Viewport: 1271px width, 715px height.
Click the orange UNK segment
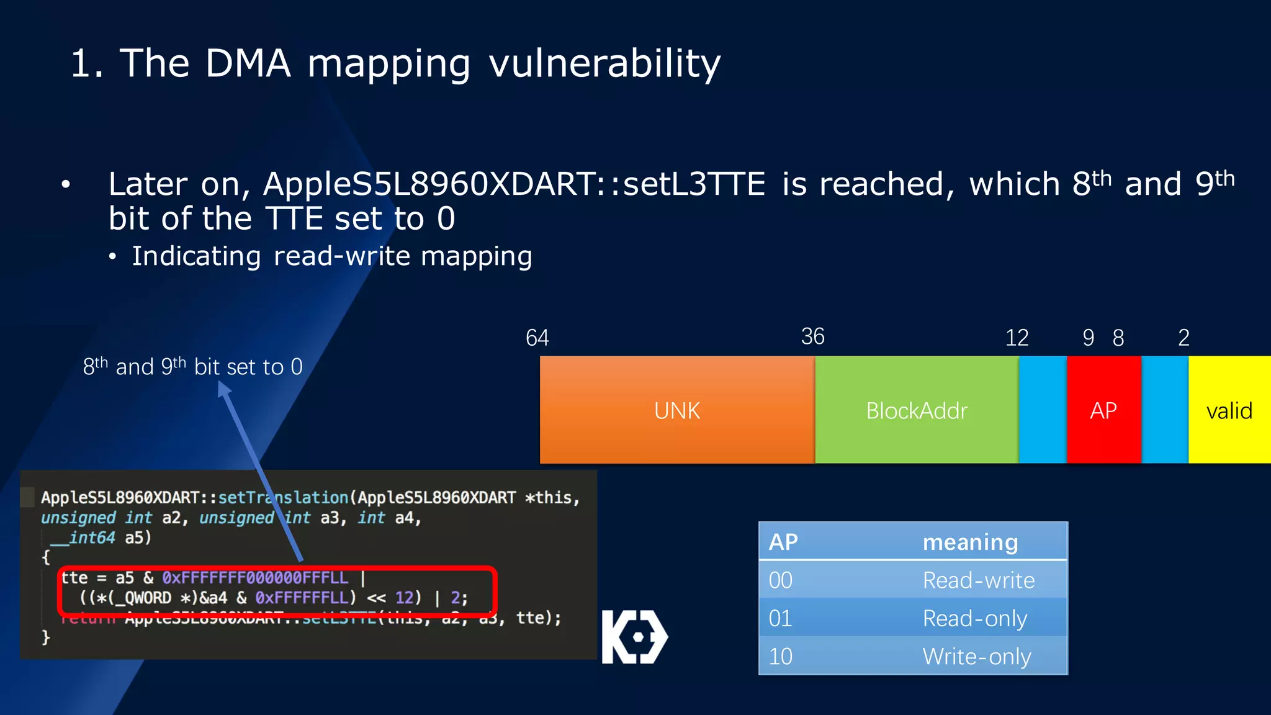[x=676, y=410]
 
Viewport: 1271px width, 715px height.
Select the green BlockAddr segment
[x=917, y=410]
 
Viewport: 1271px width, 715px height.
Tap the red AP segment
[x=1103, y=410]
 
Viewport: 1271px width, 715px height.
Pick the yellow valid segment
[x=1229, y=410]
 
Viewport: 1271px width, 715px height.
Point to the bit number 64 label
[x=537, y=338]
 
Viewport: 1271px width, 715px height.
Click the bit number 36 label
[x=812, y=336]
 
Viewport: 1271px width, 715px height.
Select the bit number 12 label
[x=1017, y=338]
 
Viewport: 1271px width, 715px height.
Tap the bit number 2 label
[x=1183, y=338]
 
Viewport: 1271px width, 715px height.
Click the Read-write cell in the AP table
[x=978, y=580]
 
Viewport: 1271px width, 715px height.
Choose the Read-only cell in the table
[x=974, y=618]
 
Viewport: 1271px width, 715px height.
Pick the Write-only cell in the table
[x=976, y=656]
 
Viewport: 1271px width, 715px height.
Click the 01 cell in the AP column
[x=780, y=618]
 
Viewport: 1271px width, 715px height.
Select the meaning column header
[x=970, y=542]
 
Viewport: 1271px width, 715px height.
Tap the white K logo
[x=634, y=637]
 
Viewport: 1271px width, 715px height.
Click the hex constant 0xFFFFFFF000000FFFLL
[x=255, y=578]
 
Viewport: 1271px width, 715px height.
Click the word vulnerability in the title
[x=604, y=63]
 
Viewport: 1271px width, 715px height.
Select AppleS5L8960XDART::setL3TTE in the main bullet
[x=514, y=184]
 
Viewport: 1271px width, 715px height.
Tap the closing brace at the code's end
[x=45, y=637]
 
